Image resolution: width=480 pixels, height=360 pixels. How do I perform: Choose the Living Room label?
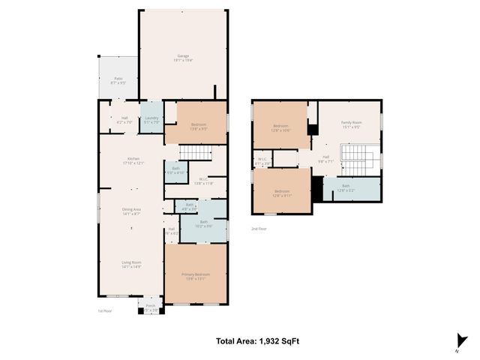point(131,263)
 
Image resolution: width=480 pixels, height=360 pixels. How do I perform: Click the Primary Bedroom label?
point(196,275)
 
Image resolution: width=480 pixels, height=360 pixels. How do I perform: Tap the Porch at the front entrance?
point(150,306)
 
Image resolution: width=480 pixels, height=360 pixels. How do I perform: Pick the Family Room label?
point(352,124)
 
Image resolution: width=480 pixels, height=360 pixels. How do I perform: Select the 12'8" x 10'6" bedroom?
point(281,127)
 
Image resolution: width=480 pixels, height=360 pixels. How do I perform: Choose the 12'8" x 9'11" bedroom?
point(282,193)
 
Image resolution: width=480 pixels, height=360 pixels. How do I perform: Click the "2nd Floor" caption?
point(259,227)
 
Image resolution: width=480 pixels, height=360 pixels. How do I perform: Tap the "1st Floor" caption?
point(106,310)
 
